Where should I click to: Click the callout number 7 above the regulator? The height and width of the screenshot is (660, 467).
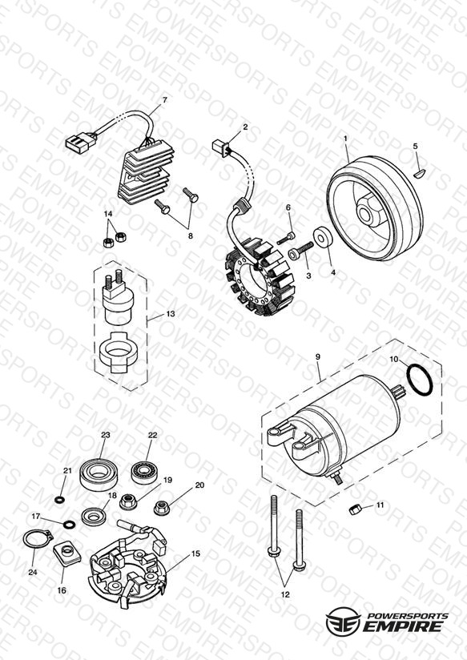pyautogui.click(x=165, y=100)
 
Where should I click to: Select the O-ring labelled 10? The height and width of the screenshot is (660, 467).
pyautogui.click(x=420, y=380)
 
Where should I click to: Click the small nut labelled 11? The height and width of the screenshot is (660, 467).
pyautogui.click(x=354, y=509)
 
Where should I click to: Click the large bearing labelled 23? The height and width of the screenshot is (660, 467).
pyautogui.click(x=99, y=475)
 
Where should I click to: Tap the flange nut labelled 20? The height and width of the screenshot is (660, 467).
pyautogui.click(x=161, y=507)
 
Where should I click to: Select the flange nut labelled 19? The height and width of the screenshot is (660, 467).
pyautogui.click(x=127, y=502)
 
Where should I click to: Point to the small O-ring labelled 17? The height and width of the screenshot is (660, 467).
pyautogui.click(x=70, y=525)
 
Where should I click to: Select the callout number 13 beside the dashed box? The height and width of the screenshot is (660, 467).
pyautogui.click(x=170, y=314)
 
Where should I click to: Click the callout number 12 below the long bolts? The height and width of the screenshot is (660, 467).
pyautogui.click(x=285, y=595)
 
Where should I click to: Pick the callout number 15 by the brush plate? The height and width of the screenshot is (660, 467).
pyautogui.click(x=195, y=553)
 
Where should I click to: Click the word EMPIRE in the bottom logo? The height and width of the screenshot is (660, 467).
pyautogui.click(x=402, y=626)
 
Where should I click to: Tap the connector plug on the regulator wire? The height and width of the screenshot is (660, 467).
pyautogui.click(x=81, y=141)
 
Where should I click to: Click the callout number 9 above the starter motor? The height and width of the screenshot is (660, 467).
pyautogui.click(x=318, y=357)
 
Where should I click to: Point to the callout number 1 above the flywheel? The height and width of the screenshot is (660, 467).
pyautogui.click(x=346, y=138)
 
